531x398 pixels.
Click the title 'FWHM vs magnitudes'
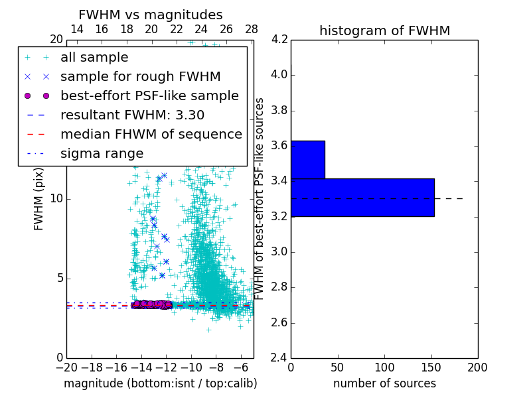tap(151, 15)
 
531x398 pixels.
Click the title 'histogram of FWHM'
tap(384, 31)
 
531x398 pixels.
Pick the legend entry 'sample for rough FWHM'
tap(140, 76)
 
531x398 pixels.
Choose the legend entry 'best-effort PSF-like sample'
tap(149, 96)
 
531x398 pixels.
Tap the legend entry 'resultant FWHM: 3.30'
tap(132, 115)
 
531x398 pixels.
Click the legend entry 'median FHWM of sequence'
tap(151, 134)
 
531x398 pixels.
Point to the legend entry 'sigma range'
tap(102, 153)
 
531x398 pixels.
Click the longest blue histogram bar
tap(362, 197)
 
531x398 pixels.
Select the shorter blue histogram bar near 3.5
tap(307, 159)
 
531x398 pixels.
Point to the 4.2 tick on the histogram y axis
tap(279, 39)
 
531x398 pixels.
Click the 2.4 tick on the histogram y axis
tap(279, 358)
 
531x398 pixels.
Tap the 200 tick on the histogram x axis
tap(477, 367)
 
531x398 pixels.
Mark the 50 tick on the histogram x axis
tap(337, 367)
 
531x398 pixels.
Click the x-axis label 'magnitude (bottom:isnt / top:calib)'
tap(160, 383)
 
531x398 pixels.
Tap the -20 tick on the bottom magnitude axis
tap(66, 367)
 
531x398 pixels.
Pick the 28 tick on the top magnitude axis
tap(251, 29)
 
